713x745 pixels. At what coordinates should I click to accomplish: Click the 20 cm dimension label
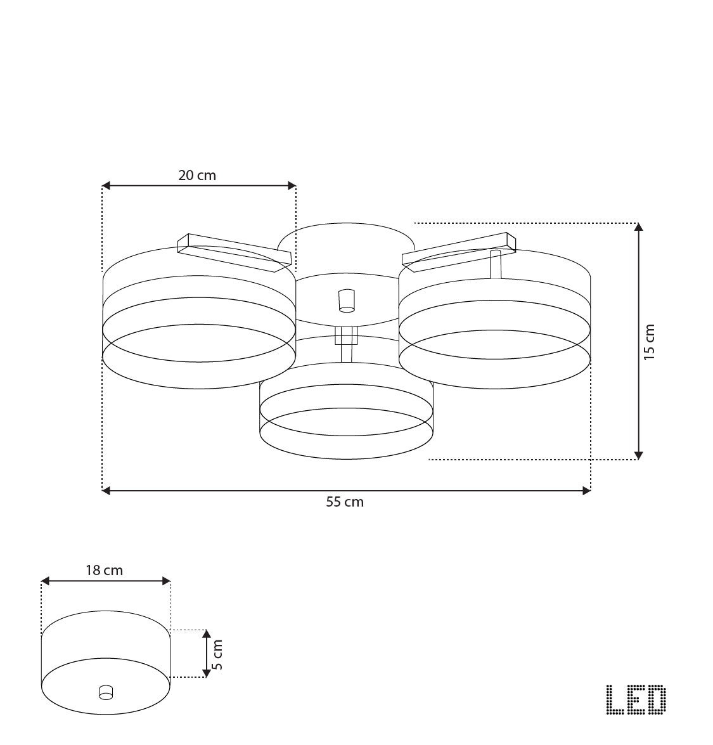click(197, 176)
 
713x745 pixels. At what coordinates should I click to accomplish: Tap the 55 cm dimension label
click(345, 502)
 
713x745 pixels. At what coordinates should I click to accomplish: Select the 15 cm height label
click(650, 342)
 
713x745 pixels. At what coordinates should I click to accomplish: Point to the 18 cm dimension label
click(105, 570)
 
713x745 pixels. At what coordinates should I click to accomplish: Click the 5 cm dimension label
click(217, 655)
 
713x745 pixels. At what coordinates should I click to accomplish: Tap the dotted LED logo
click(636, 699)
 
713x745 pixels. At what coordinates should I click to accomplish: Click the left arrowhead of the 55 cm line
click(106, 490)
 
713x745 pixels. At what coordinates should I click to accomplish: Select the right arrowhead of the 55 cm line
click(587, 490)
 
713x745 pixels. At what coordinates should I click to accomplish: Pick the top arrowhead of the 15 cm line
click(639, 226)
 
